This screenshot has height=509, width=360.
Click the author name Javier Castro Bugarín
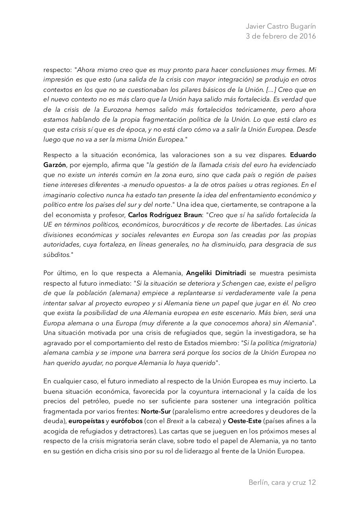281,26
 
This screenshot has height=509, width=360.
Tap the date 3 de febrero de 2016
281,36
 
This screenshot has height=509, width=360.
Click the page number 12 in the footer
312,482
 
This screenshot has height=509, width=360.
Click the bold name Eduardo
303,155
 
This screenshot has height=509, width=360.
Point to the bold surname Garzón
54,165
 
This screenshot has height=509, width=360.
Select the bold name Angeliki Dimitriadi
216,273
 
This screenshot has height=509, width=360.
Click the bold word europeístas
86,421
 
